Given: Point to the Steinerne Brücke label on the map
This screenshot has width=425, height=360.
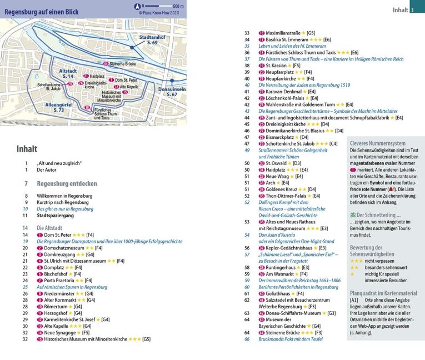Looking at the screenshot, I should (x=123, y=64).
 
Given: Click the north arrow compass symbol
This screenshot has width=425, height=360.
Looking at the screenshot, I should (x=136, y=6).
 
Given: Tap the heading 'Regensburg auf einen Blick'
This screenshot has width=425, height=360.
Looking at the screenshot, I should (x=42, y=12).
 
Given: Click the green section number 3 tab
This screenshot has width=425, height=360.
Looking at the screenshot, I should (x=412, y=9).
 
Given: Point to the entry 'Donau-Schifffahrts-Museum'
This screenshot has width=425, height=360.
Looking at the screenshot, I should (x=294, y=313).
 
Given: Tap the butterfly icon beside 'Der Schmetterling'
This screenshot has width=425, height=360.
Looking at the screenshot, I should (x=353, y=214).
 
